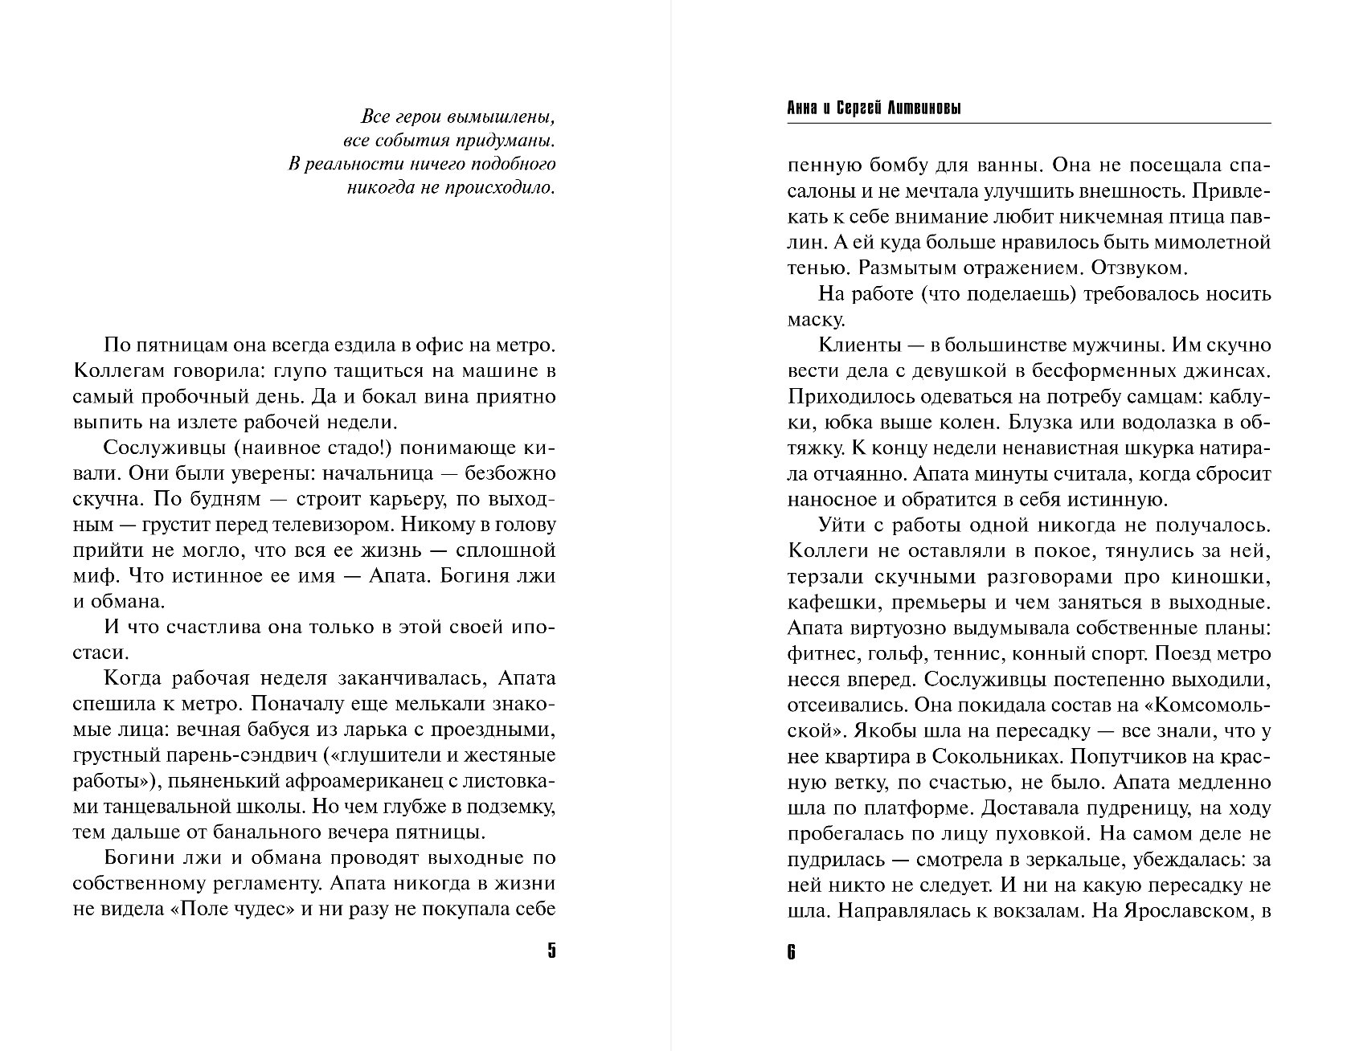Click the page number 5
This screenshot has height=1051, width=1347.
pos(551,951)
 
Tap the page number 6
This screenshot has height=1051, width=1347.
pos(792,953)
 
